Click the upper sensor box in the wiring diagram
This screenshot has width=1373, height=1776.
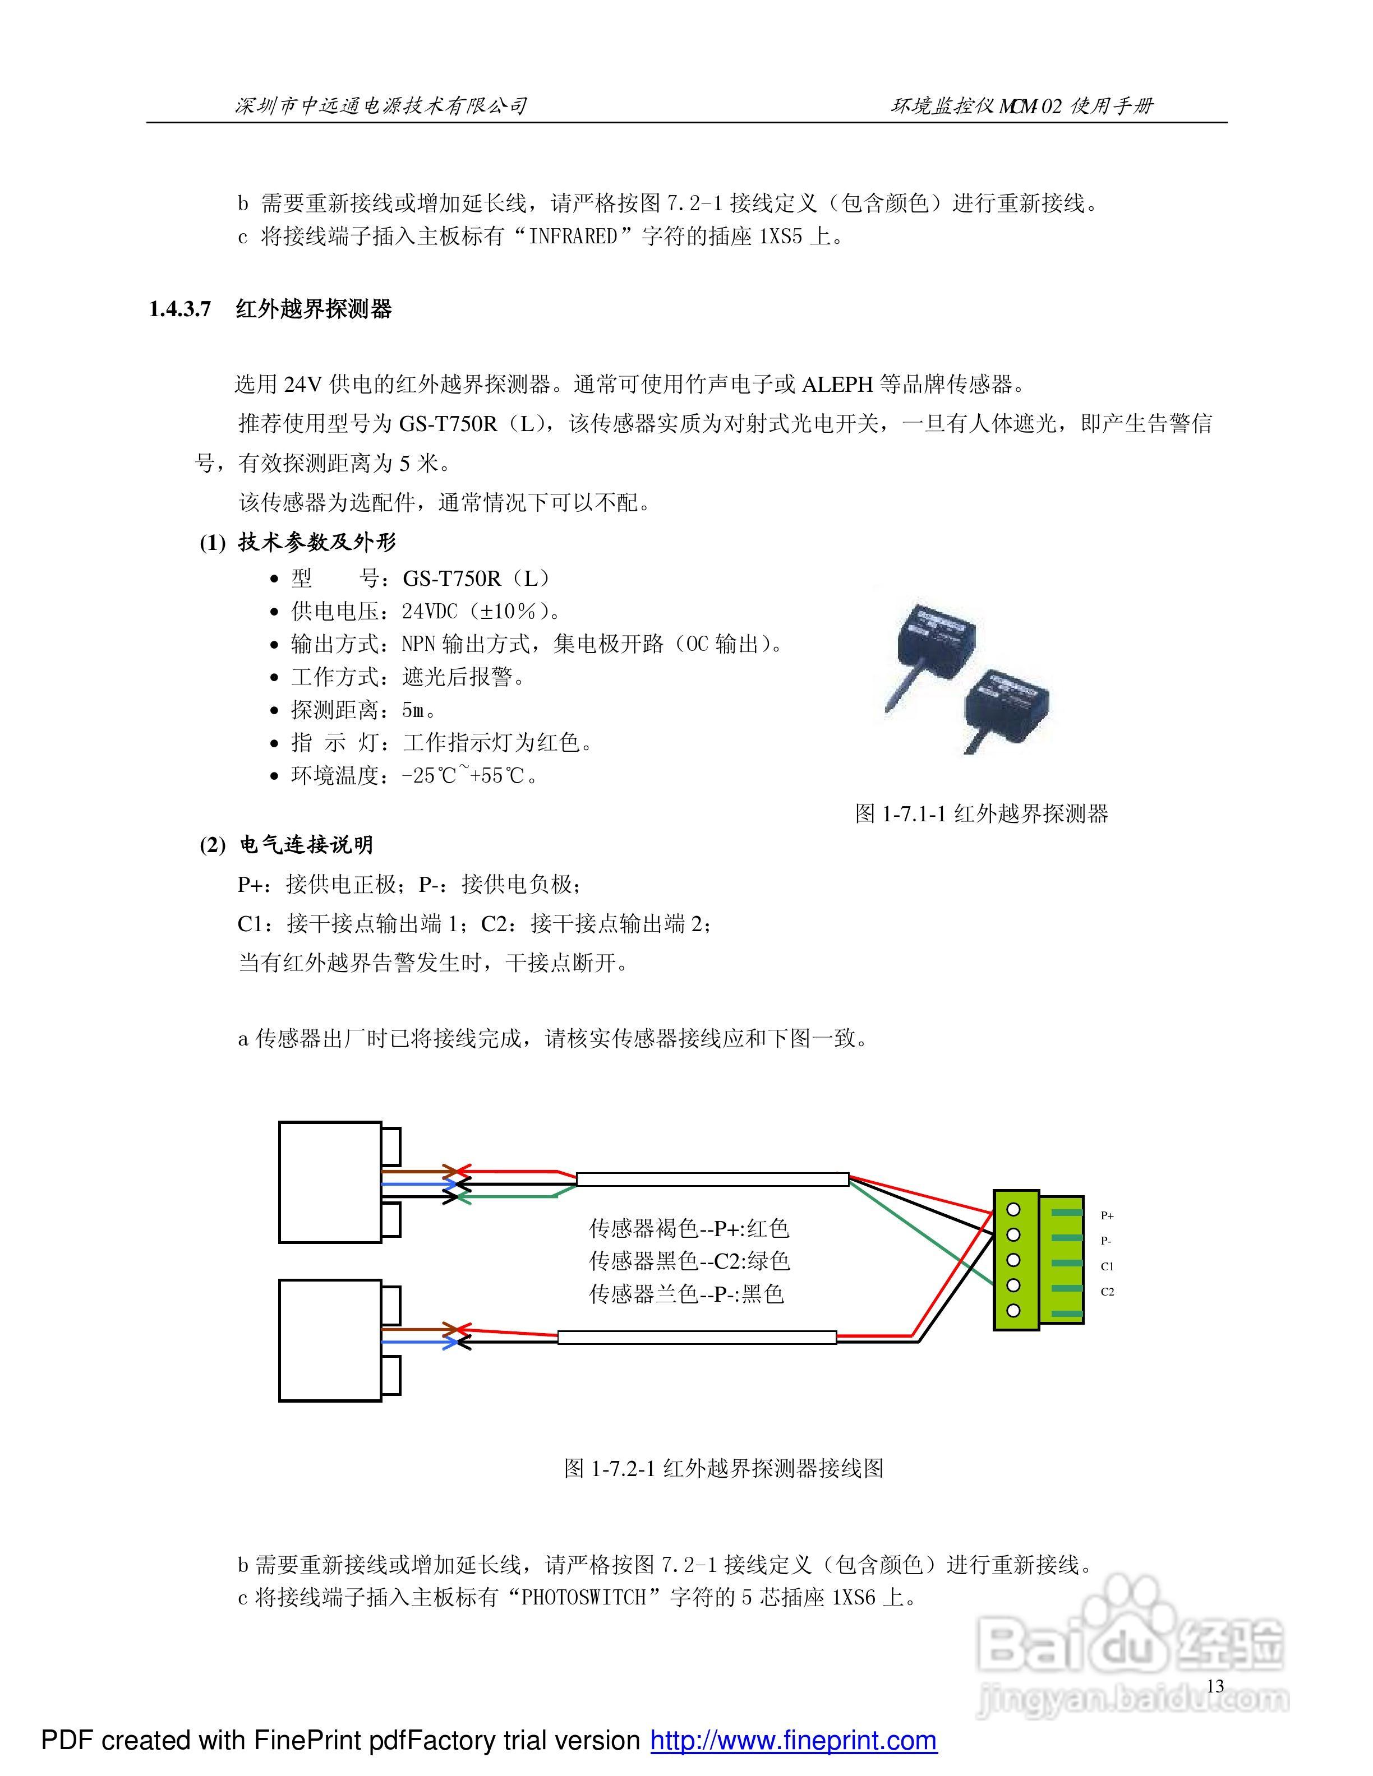coord(329,1182)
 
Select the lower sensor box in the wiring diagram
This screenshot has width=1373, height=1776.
coord(329,1340)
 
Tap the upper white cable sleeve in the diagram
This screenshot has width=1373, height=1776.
coord(712,1179)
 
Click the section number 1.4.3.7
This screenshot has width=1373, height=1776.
coord(180,309)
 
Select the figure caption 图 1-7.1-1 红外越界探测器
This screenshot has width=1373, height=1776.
coord(981,813)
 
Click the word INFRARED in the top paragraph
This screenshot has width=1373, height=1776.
coord(573,237)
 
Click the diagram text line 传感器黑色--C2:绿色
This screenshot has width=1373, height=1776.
coord(689,1260)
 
